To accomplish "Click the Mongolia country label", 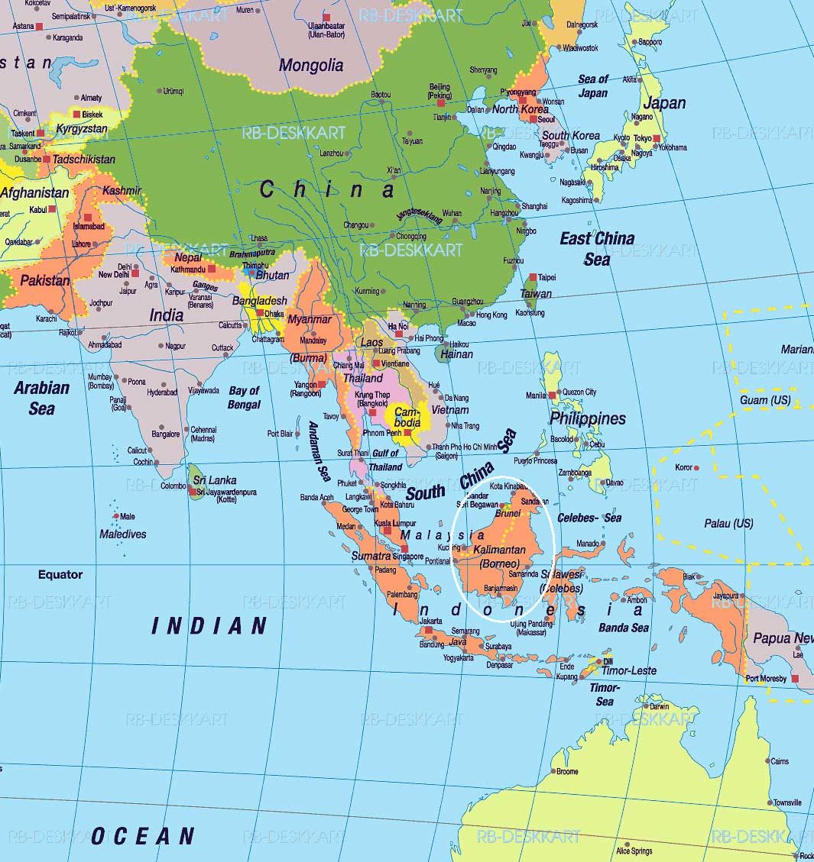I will (x=310, y=65).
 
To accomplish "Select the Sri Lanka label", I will (x=214, y=480).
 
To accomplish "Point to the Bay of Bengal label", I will (x=244, y=397).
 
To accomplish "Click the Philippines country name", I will (x=587, y=418).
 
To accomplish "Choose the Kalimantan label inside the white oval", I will (x=499, y=550).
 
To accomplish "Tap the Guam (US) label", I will (x=764, y=400).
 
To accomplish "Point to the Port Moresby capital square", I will (x=796, y=678).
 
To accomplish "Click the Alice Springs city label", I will (x=634, y=851).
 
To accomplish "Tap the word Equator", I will (x=60, y=574).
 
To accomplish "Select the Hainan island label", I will (x=456, y=354).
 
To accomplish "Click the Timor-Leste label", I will (x=629, y=670).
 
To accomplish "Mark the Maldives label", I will (x=122, y=534).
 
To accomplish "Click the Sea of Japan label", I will (x=593, y=86).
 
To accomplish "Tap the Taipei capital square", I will (x=532, y=277).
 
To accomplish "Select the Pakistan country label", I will (x=44, y=280).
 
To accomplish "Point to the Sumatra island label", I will (x=371, y=556).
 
